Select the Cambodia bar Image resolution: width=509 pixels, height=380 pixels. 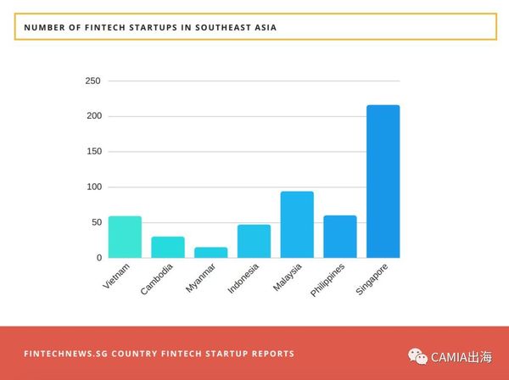pos(168,248)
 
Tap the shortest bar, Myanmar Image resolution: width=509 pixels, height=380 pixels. pos(211,253)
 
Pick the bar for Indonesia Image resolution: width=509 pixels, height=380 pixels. pos(254,242)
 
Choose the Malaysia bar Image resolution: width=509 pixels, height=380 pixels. pos(297,225)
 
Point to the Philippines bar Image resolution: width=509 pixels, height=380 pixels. pos(340,237)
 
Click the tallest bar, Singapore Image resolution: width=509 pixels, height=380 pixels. pos(383,182)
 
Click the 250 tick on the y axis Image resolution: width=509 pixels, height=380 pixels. pos(92,81)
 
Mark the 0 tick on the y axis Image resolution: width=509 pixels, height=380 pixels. pos(98,258)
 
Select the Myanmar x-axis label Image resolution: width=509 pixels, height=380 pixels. pos(201,279)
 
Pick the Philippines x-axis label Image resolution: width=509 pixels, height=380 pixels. pos(327,281)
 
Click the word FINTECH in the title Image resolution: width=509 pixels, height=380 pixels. pos(101,27)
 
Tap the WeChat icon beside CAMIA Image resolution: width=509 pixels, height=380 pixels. pos(418,357)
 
